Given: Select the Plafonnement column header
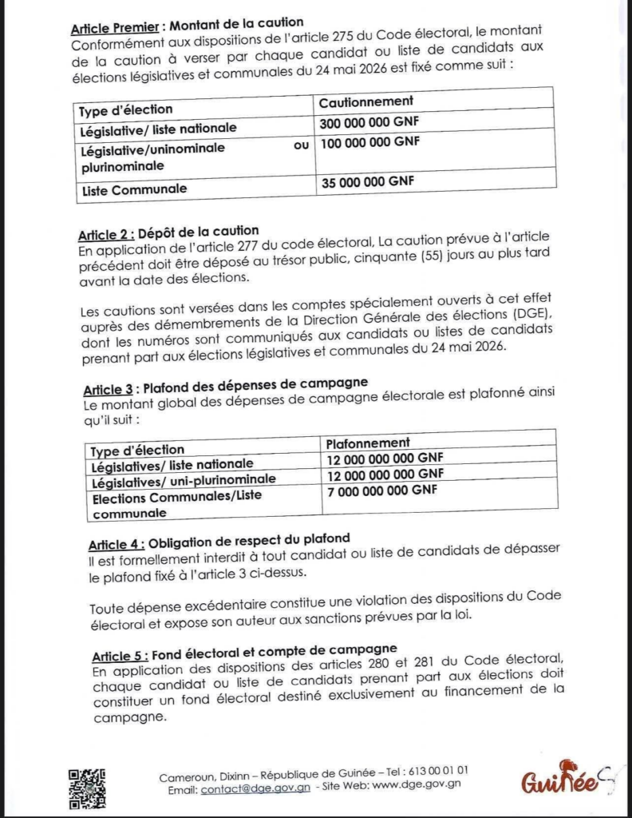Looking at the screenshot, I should click(x=368, y=443).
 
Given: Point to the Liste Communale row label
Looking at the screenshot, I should click(x=135, y=190).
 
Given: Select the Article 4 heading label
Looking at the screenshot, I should click(x=114, y=545).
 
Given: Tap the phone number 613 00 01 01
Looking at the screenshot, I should click(x=438, y=772).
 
